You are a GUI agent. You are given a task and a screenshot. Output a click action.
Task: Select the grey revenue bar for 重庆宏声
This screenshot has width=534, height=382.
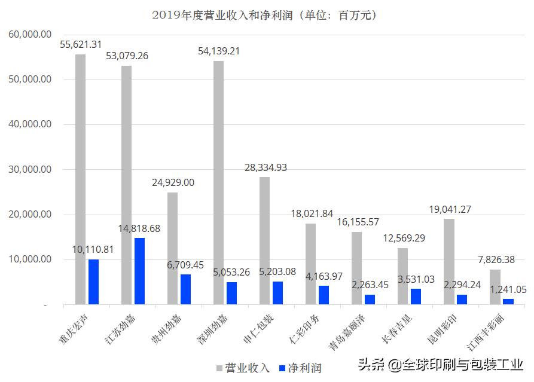[x=80, y=179]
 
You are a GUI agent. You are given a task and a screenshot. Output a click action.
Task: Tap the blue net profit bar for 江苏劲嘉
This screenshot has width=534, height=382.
[x=139, y=271]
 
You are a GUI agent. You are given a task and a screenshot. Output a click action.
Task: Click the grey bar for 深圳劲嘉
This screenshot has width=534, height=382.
[x=218, y=182]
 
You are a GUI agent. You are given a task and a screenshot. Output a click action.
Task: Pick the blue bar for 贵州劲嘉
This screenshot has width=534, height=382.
[x=185, y=289]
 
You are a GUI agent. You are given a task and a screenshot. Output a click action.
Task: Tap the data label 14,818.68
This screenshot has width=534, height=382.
[x=139, y=228]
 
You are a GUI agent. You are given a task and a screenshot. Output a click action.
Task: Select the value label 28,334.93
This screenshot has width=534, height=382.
[x=266, y=167]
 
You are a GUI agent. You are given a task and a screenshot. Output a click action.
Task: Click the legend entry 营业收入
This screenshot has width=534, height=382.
[x=242, y=368]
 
